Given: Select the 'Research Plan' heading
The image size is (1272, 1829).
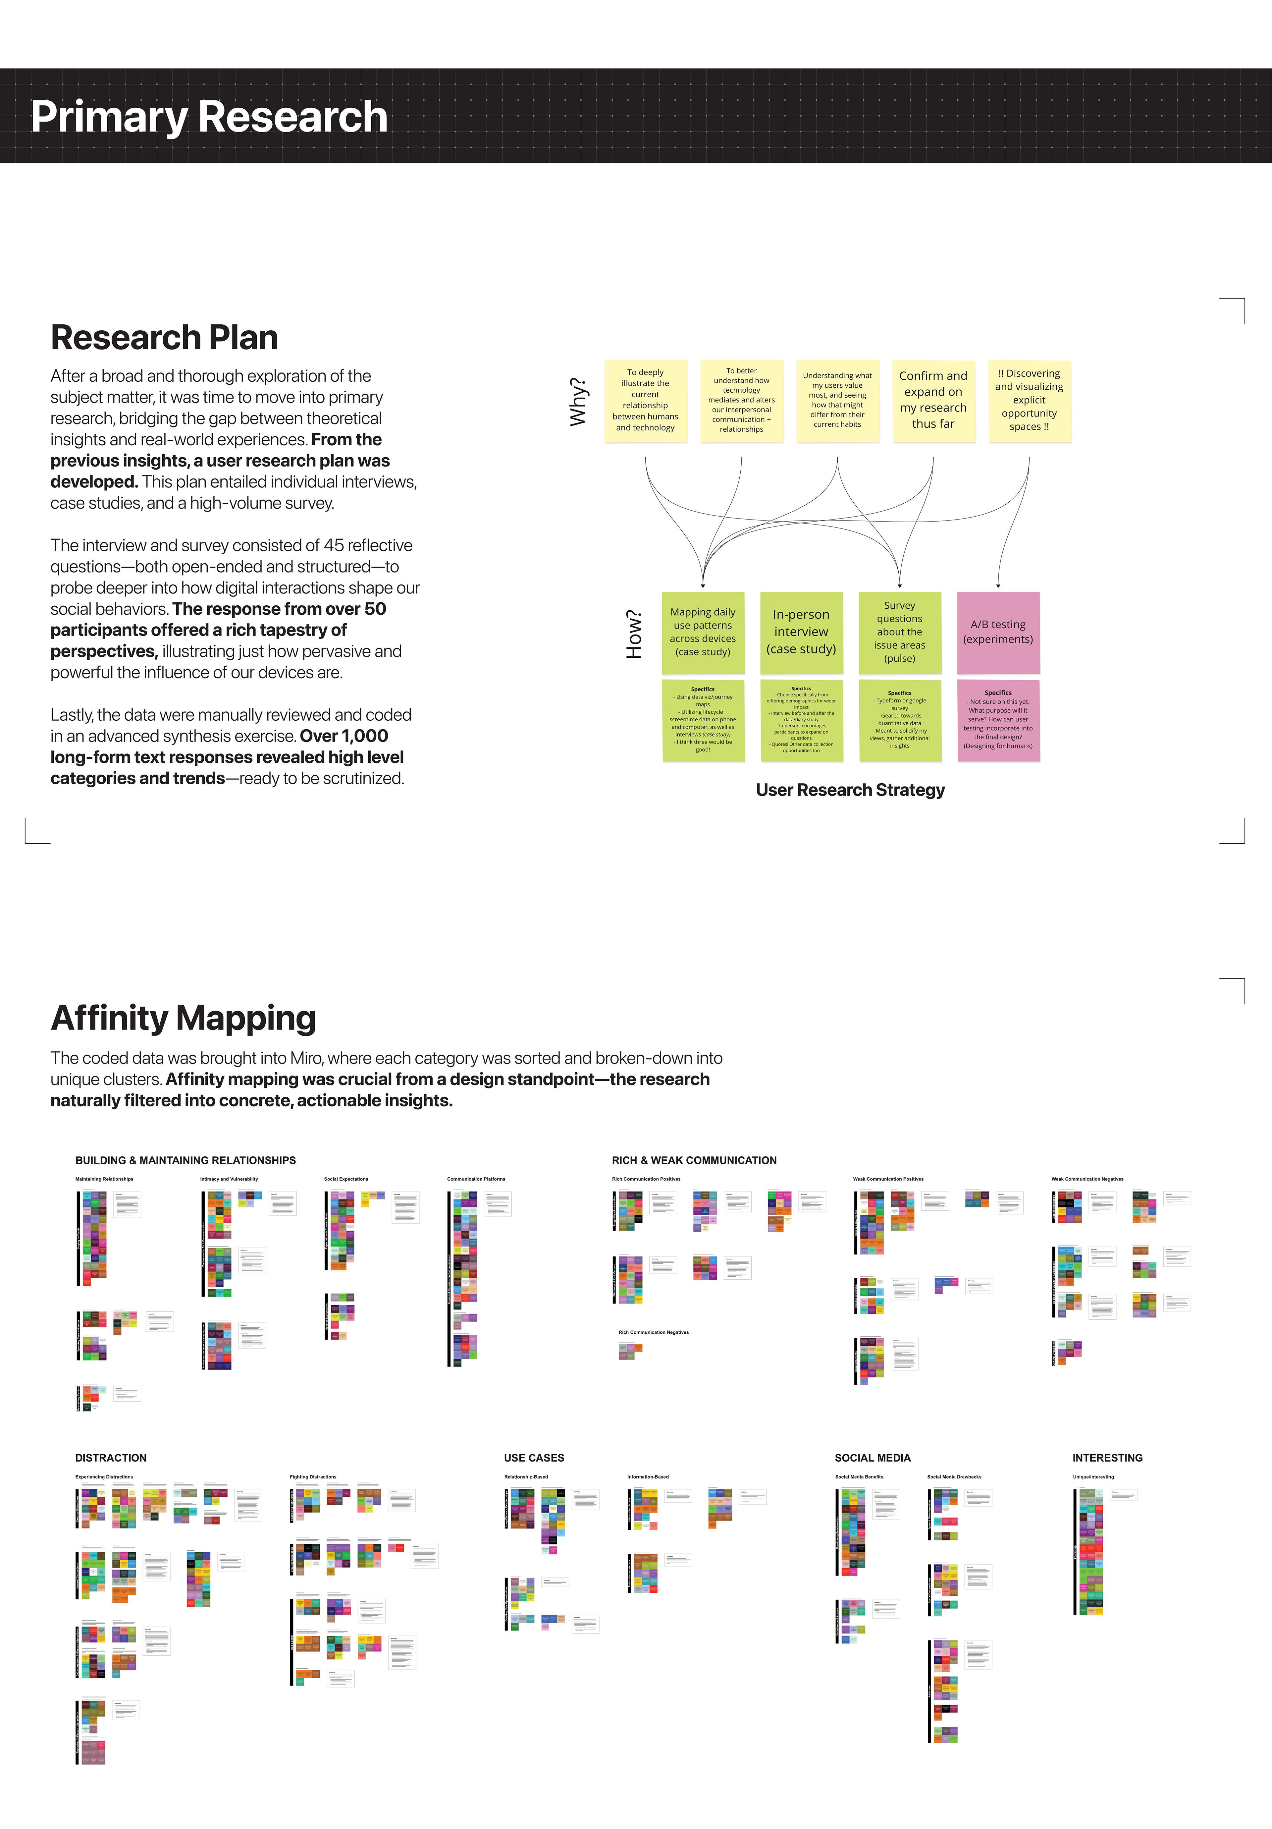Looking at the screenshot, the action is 164,338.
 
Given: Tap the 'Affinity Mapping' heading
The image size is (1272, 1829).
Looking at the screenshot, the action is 183,1018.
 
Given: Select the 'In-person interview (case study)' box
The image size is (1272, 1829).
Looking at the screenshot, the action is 801,632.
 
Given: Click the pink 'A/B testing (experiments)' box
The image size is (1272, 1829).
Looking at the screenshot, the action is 998,632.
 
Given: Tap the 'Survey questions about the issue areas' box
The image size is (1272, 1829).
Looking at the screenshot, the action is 899,632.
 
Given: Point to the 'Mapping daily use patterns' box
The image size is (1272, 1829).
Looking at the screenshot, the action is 703,632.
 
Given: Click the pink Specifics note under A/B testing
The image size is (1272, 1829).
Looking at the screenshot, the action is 998,720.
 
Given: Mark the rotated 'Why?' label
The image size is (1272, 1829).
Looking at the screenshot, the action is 578,402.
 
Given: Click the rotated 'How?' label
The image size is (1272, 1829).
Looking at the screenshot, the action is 634,634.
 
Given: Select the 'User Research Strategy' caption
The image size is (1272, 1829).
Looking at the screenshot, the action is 850,790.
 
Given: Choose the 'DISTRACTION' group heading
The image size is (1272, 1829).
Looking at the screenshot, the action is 111,1458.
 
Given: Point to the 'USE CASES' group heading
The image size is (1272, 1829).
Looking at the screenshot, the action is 534,1458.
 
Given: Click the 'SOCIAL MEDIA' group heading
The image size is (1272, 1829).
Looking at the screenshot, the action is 872,1458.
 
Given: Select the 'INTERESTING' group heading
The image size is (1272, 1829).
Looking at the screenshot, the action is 1107,1458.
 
